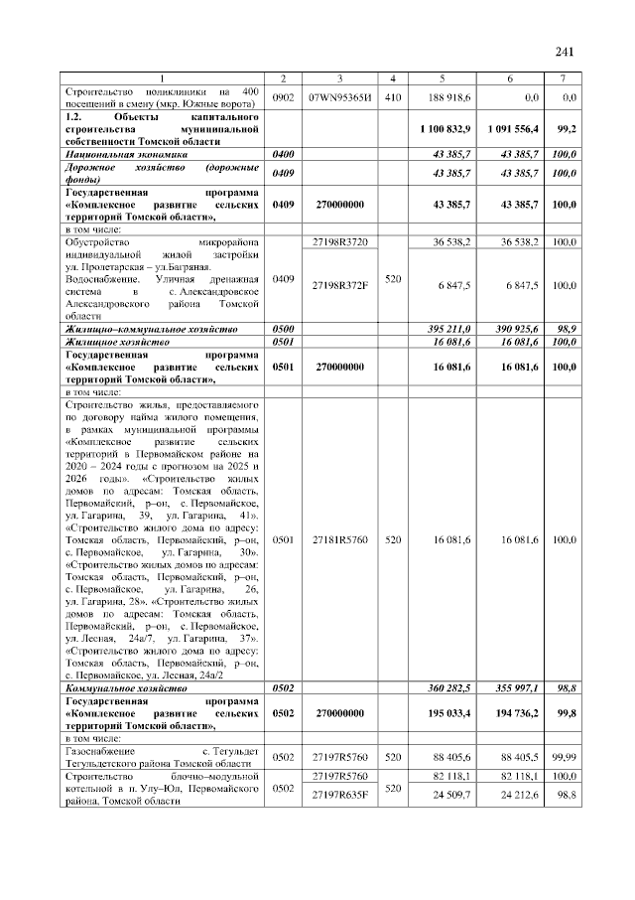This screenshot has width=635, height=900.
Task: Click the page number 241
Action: click(566, 52)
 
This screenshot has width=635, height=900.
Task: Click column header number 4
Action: click(392, 78)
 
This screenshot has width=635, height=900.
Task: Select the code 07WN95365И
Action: click(339, 98)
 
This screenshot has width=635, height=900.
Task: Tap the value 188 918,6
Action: click(450, 98)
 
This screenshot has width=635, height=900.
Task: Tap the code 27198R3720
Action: click(339, 242)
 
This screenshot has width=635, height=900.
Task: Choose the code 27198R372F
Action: click(339, 285)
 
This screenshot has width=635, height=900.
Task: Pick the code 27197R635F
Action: click(339, 795)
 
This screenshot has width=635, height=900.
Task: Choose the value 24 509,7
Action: click(450, 795)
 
